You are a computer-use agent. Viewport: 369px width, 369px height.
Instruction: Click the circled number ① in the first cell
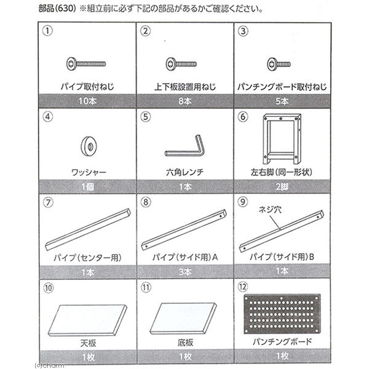pos(46,30)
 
